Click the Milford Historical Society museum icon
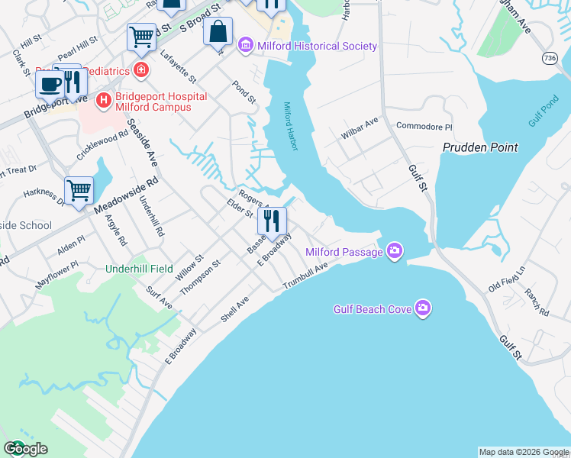[x=246, y=47]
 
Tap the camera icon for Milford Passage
[x=394, y=251]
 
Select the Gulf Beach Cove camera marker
[x=424, y=309]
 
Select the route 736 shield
[x=550, y=58]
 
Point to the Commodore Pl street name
[x=424, y=127]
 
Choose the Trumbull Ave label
[x=305, y=276]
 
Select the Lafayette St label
[x=179, y=67]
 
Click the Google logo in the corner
[x=25, y=449]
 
